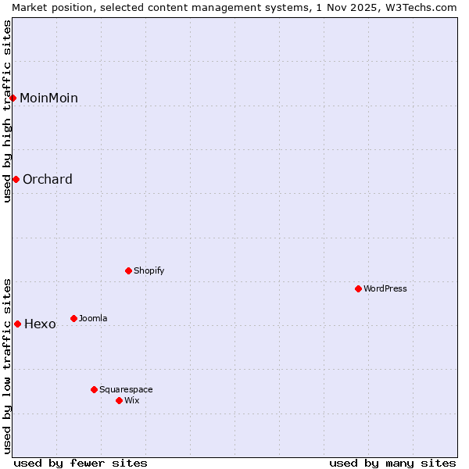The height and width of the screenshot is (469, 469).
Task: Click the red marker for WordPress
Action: (x=359, y=288)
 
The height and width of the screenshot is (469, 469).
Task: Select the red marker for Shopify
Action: (x=129, y=270)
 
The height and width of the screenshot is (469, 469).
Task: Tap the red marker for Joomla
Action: (x=74, y=318)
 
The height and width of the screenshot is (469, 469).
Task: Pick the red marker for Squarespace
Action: (x=95, y=389)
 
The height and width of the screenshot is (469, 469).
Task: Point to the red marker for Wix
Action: (x=120, y=400)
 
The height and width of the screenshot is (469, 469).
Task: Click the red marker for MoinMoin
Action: (x=13, y=98)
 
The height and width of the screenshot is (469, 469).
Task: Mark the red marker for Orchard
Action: (x=16, y=179)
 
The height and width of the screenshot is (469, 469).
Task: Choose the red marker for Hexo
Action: (x=17, y=324)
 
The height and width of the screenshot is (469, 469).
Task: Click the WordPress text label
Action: (x=385, y=288)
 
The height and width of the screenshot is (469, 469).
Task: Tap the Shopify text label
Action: (x=149, y=270)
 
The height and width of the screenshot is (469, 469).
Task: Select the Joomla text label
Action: (x=93, y=318)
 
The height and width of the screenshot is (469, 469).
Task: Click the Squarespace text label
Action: (x=126, y=389)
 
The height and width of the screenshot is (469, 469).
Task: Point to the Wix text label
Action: (x=132, y=400)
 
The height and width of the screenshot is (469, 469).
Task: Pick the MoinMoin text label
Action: (x=48, y=98)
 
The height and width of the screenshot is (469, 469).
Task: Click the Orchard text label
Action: (x=48, y=179)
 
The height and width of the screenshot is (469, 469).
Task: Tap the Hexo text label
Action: (x=40, y=324)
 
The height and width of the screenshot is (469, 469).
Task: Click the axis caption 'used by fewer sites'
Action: (x=81, y=463)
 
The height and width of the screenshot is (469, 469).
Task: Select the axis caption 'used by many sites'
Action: (x=392, y=463)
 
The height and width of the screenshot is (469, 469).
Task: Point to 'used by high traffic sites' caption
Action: (x=7, y=111)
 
